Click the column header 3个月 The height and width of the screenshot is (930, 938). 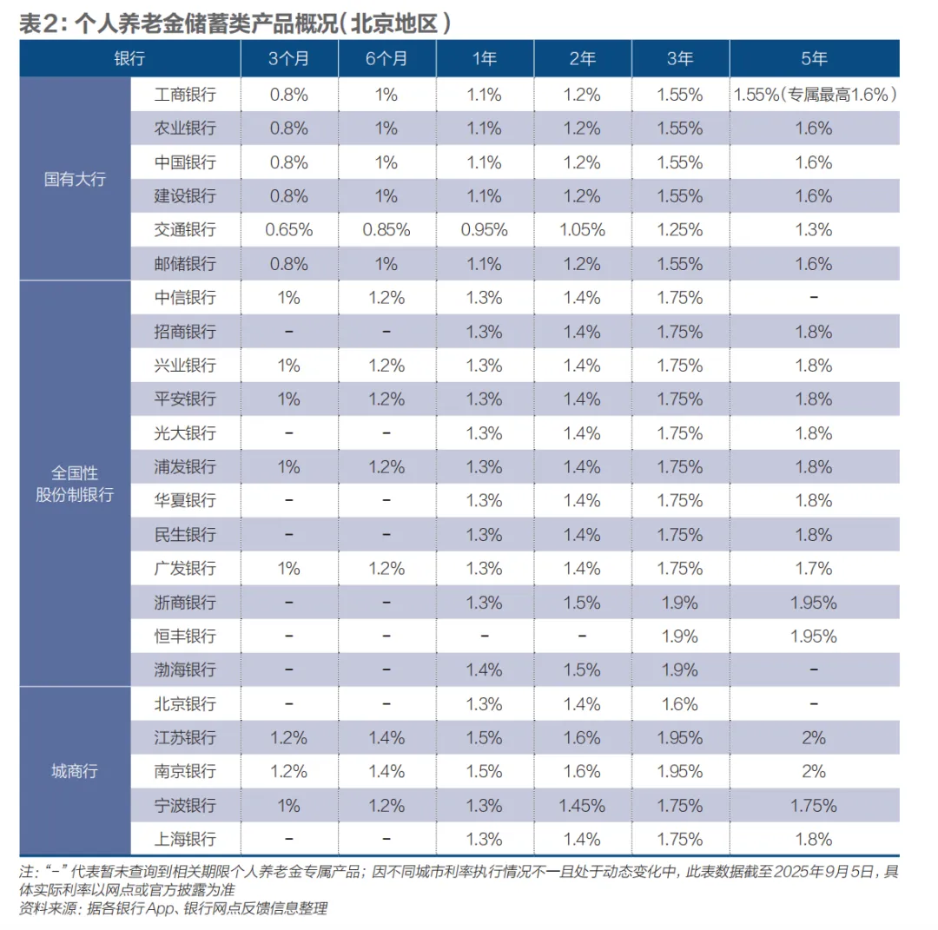click(288, 59)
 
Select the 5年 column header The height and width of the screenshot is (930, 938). click(814, 59)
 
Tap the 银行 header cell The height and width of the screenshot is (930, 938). click(129, 59)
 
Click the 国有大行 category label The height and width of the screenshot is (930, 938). click(75, 180)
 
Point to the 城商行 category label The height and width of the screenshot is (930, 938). click(75, 771)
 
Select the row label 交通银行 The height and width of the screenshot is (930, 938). click(184, 230)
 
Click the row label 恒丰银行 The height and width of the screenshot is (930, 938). click(184, 636)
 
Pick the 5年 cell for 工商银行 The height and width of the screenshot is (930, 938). click(814, 95)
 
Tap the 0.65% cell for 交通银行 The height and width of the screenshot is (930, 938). click(288, 230)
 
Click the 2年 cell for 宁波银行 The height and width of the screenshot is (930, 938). click(583, 806)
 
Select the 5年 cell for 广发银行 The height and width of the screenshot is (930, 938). click(814, 569)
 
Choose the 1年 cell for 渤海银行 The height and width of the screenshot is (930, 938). click(485, 670)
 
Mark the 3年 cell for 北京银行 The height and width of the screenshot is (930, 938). click(681, 704)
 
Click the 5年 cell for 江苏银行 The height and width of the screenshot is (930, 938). click(814, 738)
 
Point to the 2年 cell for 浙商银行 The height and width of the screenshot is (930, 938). click(583, 603)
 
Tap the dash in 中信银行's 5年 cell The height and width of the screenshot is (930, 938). click(814, 298)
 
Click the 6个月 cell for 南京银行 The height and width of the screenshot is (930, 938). click(386, 772)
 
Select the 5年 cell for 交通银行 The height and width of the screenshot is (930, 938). click(814, 230)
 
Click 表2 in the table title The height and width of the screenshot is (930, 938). click(40, 23)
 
